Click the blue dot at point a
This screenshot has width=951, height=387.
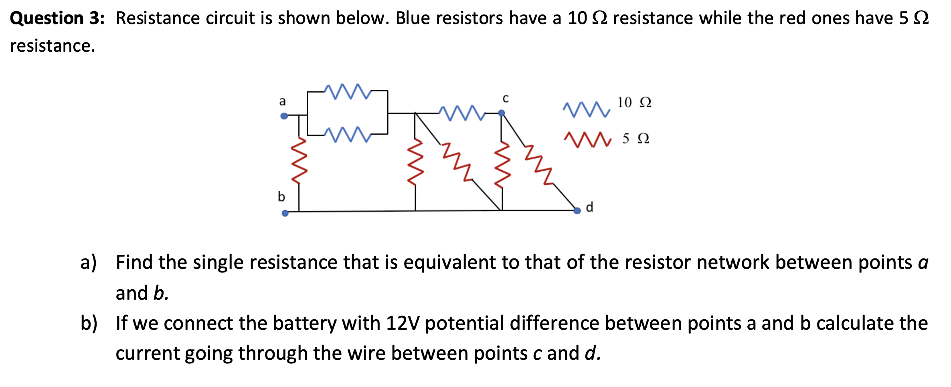[x=284, y=116]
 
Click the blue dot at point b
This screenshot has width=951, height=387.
[x=285, y=213]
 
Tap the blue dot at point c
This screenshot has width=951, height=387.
[x=501, y=113]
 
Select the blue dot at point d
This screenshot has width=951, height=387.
[x=577, y=211]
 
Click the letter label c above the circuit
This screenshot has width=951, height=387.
[x=506, y=99]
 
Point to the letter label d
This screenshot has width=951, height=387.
[x=589, y=207]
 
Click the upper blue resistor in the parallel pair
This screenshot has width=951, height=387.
[x=348, y=91]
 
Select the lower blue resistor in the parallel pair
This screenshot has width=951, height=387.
[x=348, y=135]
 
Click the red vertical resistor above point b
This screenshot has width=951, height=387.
[x=299, y=160]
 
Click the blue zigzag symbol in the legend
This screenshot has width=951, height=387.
[x=587, y=109]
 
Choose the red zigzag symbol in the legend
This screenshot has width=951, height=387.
[x=587, y=139]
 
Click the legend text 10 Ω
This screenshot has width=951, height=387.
[x=634, y=103]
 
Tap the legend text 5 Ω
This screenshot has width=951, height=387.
[x=636, y=139]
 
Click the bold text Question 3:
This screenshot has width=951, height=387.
[x=57, y=18]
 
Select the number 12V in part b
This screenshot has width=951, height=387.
[x=403, y=323]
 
